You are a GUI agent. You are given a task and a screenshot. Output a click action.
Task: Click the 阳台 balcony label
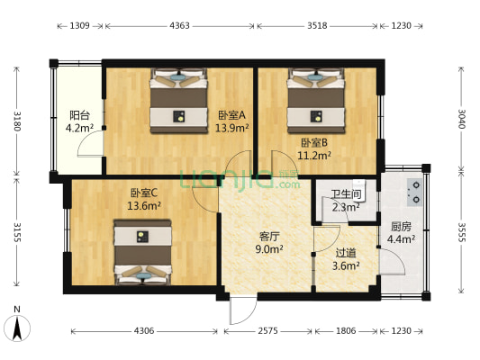(x=79, y=115)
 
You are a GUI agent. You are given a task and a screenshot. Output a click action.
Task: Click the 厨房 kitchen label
(x=401, y=226)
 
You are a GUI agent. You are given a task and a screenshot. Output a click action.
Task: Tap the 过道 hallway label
(x=347, y=253)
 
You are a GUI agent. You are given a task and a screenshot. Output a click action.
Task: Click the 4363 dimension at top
(x=179, y=26)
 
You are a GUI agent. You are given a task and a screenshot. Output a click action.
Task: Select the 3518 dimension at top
(x=317, y=26)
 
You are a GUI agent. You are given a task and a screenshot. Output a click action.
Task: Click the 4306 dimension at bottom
(x=144, y=331)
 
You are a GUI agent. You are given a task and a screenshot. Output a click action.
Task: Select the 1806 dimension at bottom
(x=347, y=331)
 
